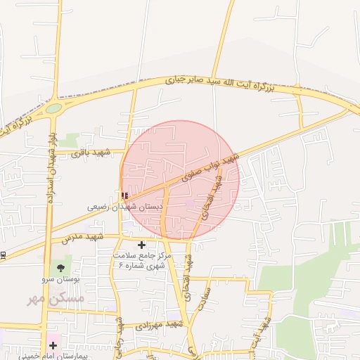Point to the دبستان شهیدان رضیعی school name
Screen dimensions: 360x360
[x=125, y=207]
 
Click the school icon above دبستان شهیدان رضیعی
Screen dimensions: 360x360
[x=124, y=195]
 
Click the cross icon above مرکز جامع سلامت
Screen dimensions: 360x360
[x=142, y=245]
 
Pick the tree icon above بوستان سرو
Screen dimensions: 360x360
[x=60, y=267]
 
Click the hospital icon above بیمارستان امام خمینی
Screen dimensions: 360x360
[x=53, y=345]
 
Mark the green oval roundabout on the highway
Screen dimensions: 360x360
[x=54, y=108]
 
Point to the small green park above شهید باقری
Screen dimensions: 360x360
[x=70, y=140]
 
